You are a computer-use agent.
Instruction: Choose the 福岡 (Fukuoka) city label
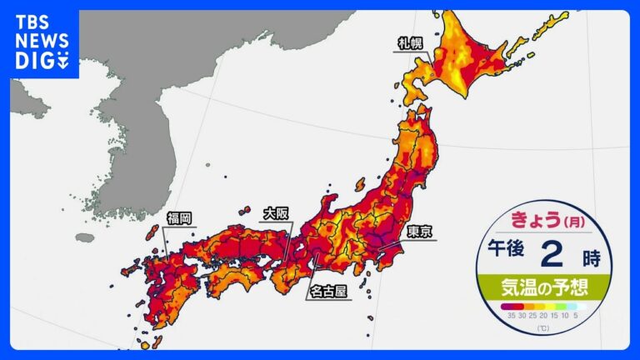[x=178, y=219]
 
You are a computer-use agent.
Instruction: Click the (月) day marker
[x=575, y=222]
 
